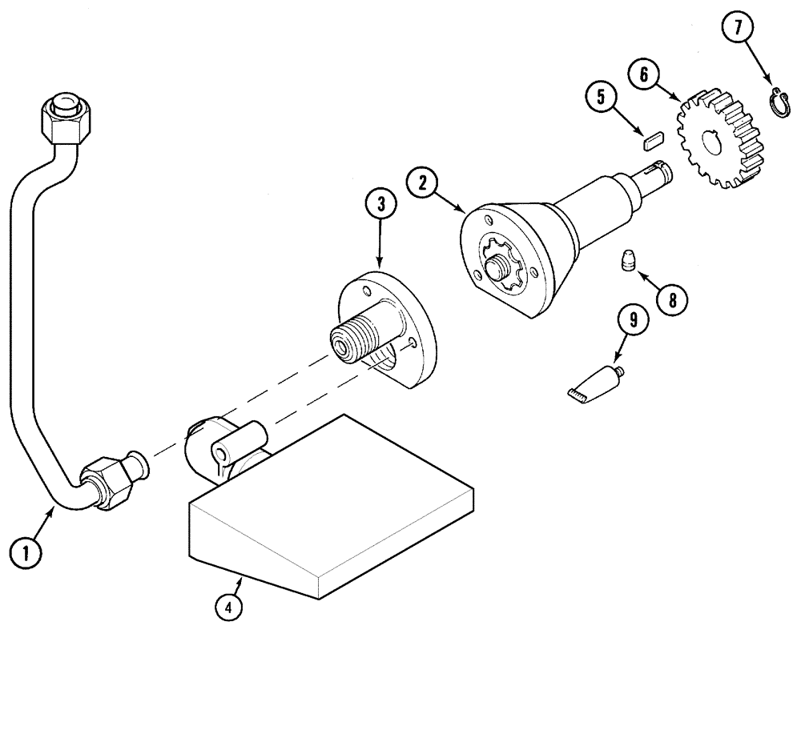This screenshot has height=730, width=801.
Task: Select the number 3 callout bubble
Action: coord(381,205)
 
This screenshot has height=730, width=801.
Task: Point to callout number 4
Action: coord(228,608)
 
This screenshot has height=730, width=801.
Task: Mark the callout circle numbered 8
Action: coord(671,299)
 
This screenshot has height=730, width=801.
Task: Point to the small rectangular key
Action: coord(650,142)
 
